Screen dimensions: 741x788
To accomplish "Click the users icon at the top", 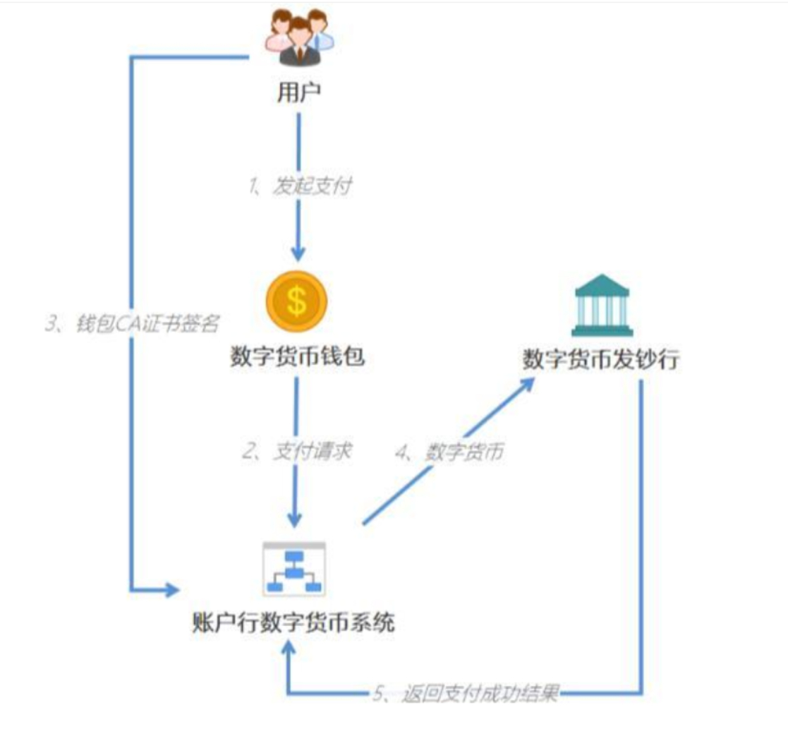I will (297, 38).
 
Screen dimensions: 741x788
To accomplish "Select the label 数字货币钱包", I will (298, 357).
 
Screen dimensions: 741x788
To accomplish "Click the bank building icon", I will (602, 304).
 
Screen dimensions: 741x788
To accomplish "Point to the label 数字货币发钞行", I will (600, 360).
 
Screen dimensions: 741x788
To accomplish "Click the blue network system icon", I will (294, 570).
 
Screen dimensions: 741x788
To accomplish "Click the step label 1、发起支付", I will (299, 187).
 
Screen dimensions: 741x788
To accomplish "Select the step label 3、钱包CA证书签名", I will (133, 324).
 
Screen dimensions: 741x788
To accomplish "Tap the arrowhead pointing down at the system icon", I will (296, 520).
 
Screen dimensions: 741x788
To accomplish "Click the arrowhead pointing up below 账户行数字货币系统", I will (289, 650).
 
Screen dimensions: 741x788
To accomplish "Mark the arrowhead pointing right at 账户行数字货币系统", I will (171, 589).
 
